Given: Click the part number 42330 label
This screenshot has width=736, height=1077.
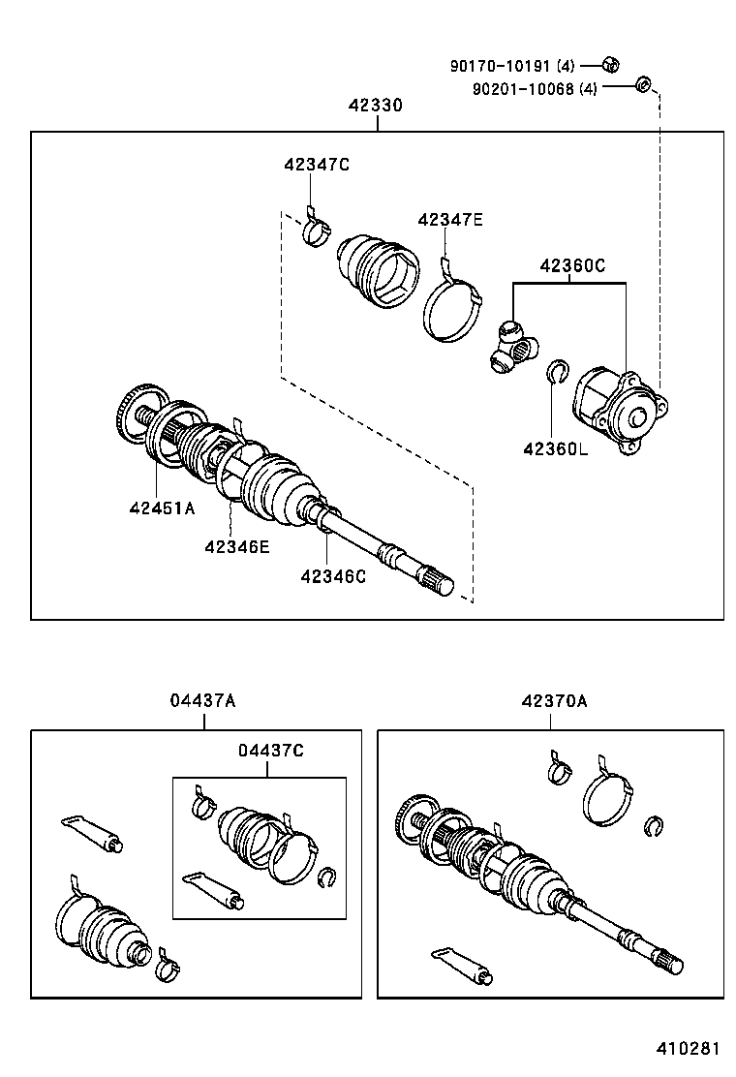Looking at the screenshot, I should coord(376,106).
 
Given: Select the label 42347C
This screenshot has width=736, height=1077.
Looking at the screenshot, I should coord(316,165).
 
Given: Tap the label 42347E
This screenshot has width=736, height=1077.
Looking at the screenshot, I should coord(449,220).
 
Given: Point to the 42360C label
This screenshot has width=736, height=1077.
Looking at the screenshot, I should coord(572,266).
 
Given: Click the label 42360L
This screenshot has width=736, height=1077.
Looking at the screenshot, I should coord(555,448).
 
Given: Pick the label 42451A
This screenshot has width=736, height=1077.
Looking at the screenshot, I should coord(162,508).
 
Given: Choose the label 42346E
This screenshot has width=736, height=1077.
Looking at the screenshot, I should coord(236,546).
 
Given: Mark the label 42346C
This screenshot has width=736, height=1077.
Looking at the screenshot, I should coord(333,576).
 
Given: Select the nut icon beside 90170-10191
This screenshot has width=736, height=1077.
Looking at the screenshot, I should coord(610,65).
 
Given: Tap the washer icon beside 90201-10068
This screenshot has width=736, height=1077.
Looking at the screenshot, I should coord(641,86).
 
